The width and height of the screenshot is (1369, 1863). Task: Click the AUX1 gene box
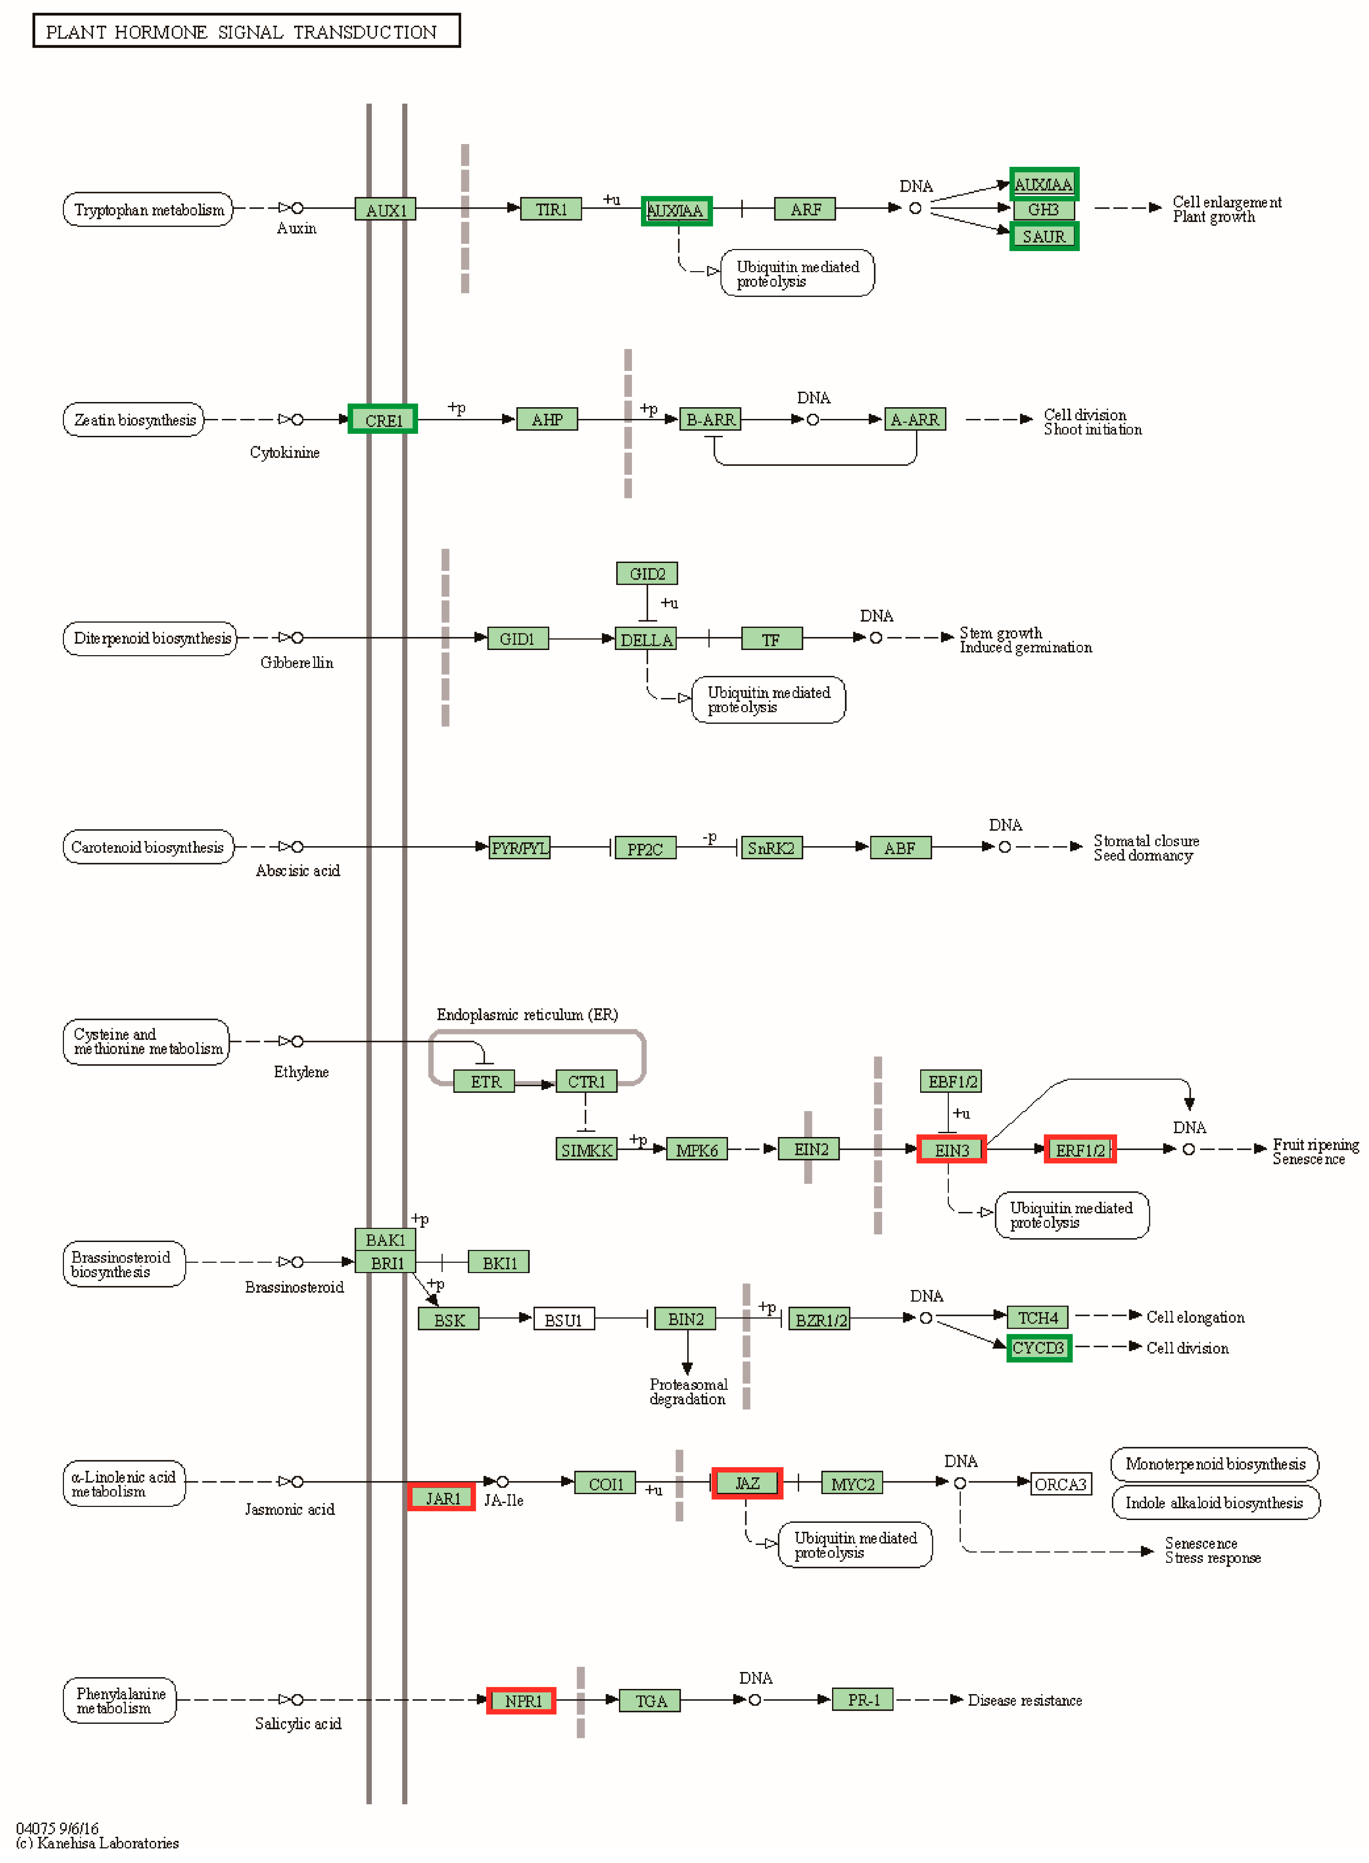tap(385, 210)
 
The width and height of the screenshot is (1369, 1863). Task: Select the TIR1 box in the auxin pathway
tap(551, 210)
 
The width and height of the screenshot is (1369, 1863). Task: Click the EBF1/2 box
tap(951, 1081)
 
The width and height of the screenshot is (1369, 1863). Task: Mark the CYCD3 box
tap(1038, 1348)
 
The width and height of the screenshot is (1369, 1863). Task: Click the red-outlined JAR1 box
tap(442, 1498)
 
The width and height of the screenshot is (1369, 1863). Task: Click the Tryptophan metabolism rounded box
tap(148, 210)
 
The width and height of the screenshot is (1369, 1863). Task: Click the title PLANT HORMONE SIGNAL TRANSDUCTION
tap(246, 31)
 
